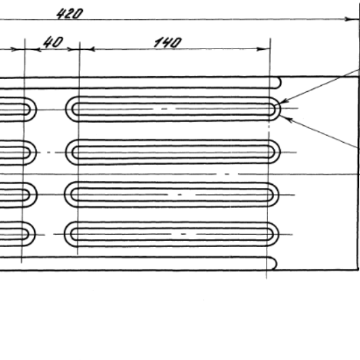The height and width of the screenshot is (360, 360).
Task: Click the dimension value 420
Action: coord(69,13)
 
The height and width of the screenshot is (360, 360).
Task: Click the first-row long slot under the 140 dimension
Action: coord(174,109)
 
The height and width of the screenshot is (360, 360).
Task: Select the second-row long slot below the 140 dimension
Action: coord(174,152)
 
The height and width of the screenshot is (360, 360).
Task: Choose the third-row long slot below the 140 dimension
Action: coord(174,194)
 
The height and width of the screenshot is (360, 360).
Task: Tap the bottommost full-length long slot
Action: coord(174,233)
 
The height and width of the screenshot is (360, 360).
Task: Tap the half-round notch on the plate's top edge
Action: coord(278,82)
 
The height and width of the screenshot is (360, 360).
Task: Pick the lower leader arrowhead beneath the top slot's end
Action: coord(287,118)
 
